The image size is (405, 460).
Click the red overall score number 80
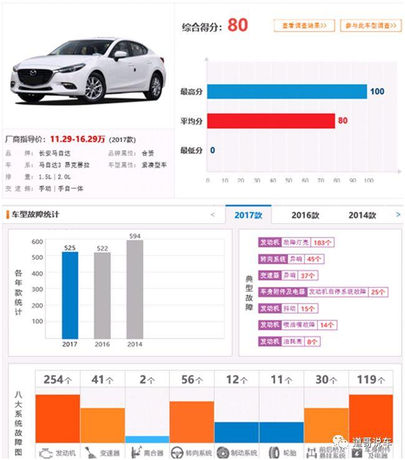point(237,25)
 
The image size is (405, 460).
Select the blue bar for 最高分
point(287,92)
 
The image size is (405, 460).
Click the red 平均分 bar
point(271,121)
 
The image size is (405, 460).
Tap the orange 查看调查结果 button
point(304,26)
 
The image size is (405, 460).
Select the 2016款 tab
point(305,215)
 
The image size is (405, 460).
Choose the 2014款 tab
point(362,215)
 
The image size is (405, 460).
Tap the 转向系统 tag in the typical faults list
point(272,259)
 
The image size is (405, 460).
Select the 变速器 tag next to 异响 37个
point(269,276)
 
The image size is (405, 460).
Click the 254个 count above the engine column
point(57,379)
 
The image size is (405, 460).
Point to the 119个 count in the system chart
point(370,379)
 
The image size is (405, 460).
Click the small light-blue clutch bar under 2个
point(147,439)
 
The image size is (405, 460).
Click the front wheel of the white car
point(93,89)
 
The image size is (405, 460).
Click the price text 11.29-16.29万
point(77,139)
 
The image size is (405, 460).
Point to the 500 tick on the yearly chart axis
point(37,257)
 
